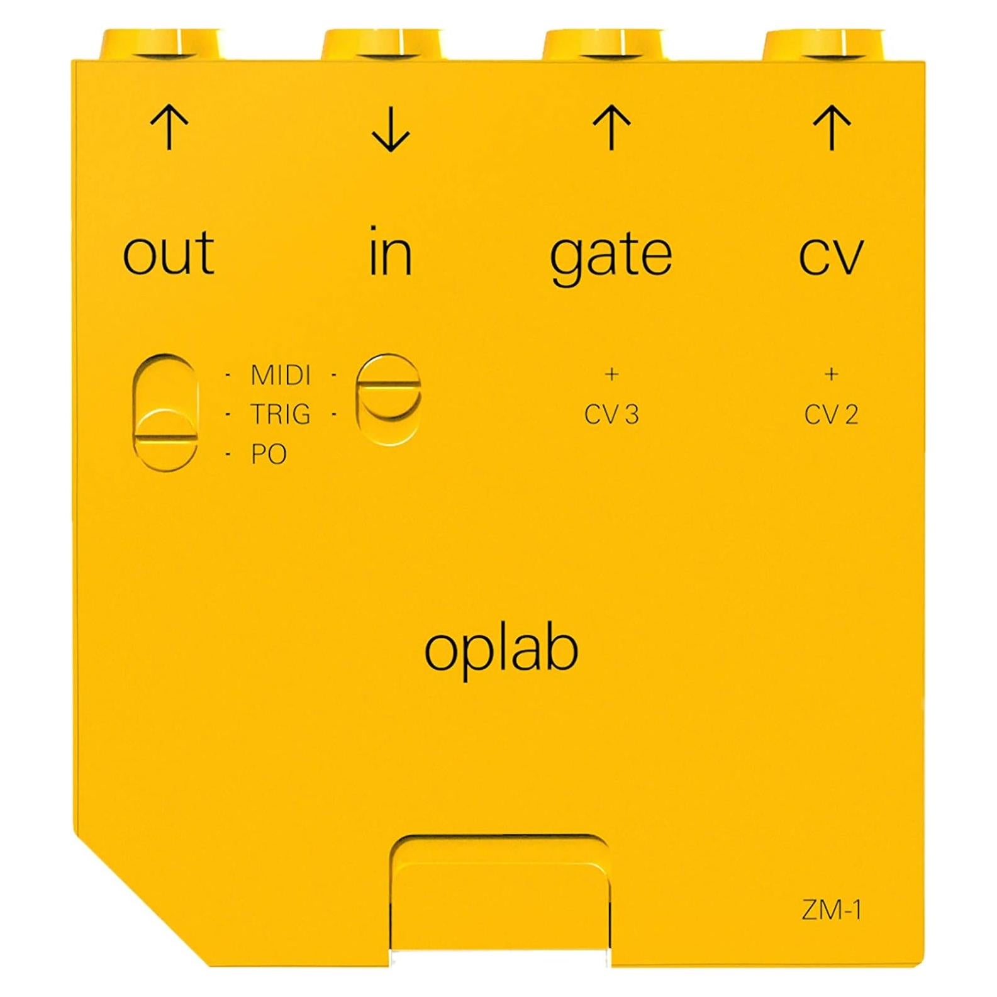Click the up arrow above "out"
pos(169,128)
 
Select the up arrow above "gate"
pos(611,128)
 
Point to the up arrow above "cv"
pos(832,128)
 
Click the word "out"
pos(169,253)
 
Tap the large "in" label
pos(391,252)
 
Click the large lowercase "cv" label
pos(831,255)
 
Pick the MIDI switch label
pos(281,376)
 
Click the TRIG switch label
pos(281,415)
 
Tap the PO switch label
pos(269,454)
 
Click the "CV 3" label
pos(611,415)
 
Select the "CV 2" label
pos(832,415)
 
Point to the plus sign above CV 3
pos(611,374)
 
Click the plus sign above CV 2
pos(832,374)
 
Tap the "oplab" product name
pos(501,650)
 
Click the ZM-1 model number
pos(832,910)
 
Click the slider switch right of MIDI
pos(388,399)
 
